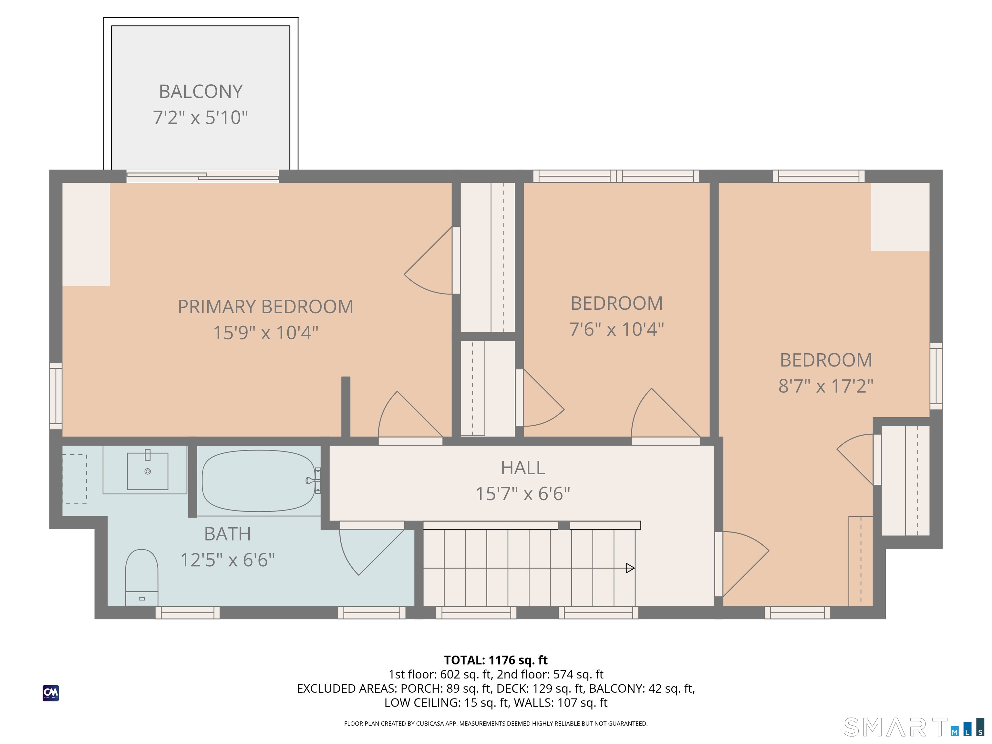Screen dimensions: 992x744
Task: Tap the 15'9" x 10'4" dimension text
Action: point(265,333)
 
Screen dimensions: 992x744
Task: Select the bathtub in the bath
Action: point(259,481)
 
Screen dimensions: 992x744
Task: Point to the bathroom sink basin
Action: point(148,471)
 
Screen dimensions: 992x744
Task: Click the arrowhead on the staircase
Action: point(630,568)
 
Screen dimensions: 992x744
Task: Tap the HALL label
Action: point(523,468)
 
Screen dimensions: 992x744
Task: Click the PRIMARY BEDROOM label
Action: point(265,307)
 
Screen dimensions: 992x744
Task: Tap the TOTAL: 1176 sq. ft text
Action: point(496,660)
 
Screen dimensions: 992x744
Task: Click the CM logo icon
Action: point(51,693)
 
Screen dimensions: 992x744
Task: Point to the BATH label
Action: point(227,534)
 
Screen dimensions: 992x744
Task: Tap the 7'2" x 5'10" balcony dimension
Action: point(201,118)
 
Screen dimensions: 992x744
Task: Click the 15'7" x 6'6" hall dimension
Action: point(523,494)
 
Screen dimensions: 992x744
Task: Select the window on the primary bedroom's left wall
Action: point(56,396)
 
